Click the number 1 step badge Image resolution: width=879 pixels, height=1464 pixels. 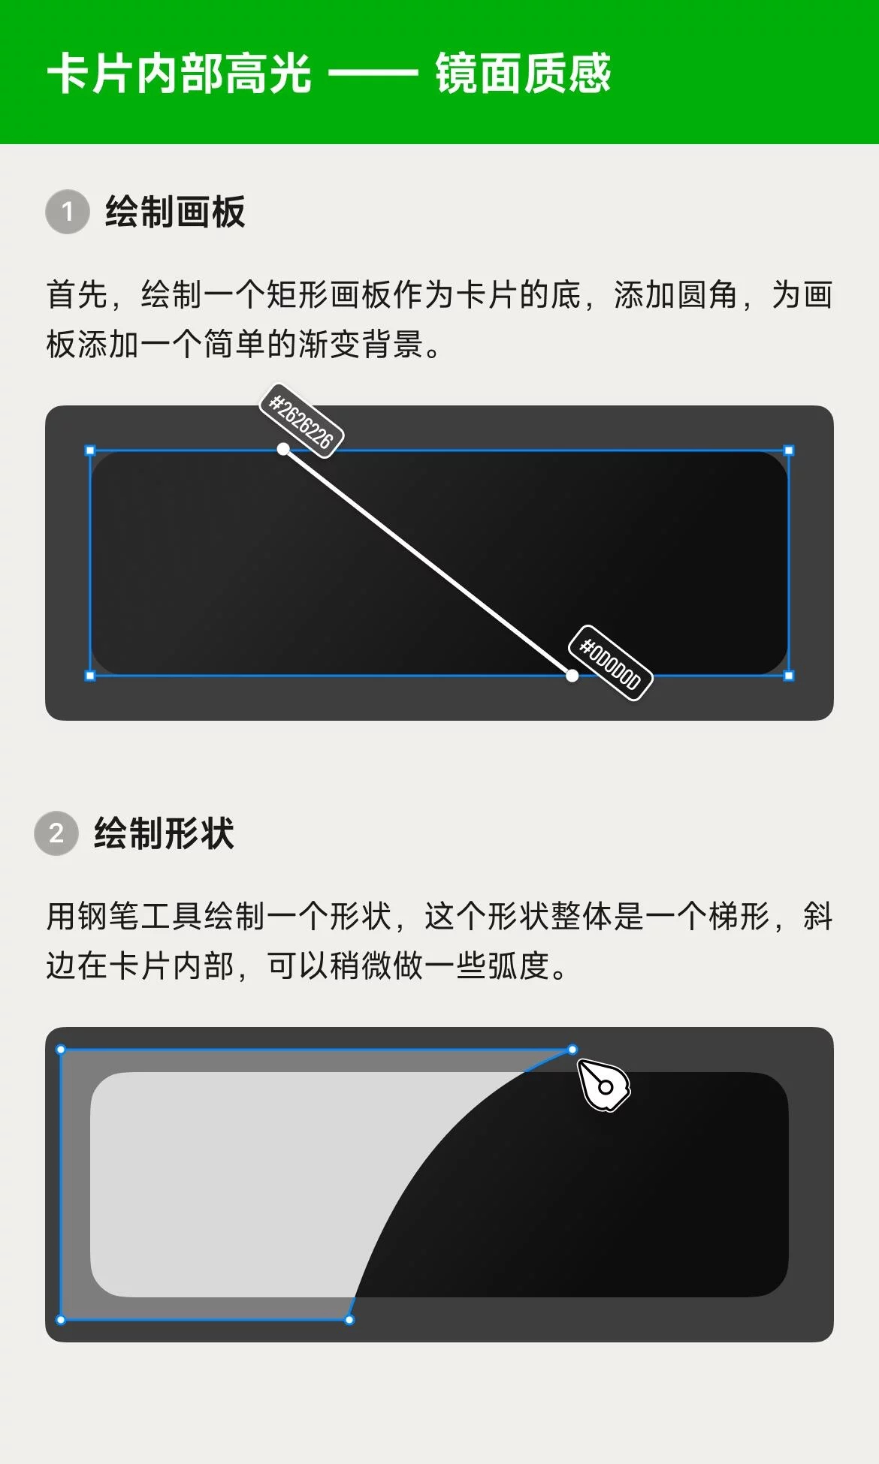point(68,212)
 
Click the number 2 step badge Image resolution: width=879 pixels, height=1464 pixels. point(56,833)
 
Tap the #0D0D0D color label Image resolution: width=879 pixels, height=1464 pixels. point(610,663)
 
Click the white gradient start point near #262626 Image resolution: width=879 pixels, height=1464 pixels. point(283,449)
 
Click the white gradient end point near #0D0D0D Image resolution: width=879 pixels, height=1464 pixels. point(572,676)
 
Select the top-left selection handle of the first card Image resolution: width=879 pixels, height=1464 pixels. point(90,450)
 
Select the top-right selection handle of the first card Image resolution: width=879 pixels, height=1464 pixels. point(789,450)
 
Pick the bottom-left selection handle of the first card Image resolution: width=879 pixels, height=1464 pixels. point(90,676)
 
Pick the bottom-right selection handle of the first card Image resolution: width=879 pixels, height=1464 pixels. point(789,676)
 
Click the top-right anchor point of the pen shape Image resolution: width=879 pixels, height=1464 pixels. point(572,1050)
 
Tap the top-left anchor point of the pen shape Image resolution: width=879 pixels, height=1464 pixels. point(61,1050)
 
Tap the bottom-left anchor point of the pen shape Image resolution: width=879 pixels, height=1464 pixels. point(61,1320)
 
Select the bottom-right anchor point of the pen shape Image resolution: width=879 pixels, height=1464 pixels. point(349,1320)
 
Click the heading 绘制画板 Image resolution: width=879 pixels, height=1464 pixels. point(175,212)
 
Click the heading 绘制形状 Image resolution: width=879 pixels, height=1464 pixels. point(164,833)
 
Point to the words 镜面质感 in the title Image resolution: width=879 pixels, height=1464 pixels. point(524,74)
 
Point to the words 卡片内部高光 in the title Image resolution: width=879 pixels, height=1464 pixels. point(180,74)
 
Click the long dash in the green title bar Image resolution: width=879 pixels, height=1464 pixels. point(373,74)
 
